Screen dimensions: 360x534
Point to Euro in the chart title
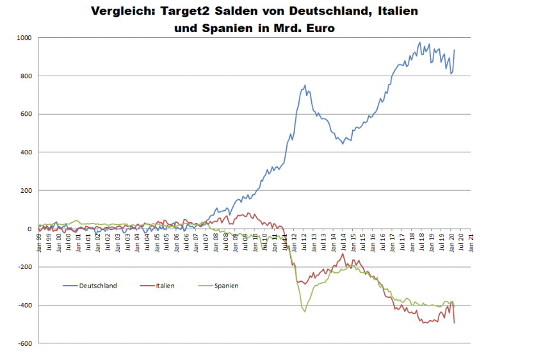316,29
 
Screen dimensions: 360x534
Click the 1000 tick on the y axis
24,38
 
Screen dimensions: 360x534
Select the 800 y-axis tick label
26,76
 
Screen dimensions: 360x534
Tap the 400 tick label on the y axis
26,152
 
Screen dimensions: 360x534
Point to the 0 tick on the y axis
29,229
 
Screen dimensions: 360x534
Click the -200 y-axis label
25,267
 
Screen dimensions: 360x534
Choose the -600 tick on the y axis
25,343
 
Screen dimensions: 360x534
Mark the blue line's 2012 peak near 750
305,85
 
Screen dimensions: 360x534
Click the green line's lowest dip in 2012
305,312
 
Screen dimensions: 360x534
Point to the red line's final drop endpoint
455,323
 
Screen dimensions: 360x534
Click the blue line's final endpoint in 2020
455,50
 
